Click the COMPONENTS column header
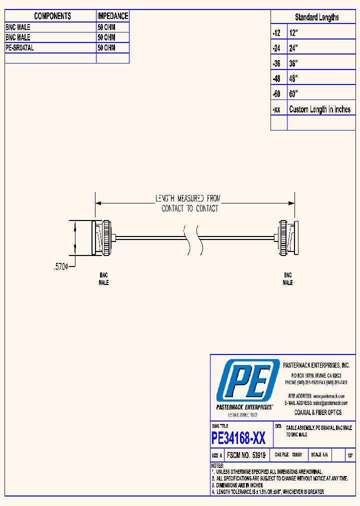52,16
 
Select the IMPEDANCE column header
112,16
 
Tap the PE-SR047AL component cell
20,48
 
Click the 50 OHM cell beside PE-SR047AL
106,48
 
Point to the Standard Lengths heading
316,17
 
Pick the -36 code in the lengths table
276,63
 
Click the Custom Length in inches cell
319,109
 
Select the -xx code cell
276,109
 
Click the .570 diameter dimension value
60,267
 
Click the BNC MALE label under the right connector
287,279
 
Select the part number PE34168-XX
239,438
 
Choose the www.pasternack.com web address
328,396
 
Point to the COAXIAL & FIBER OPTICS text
317,412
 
